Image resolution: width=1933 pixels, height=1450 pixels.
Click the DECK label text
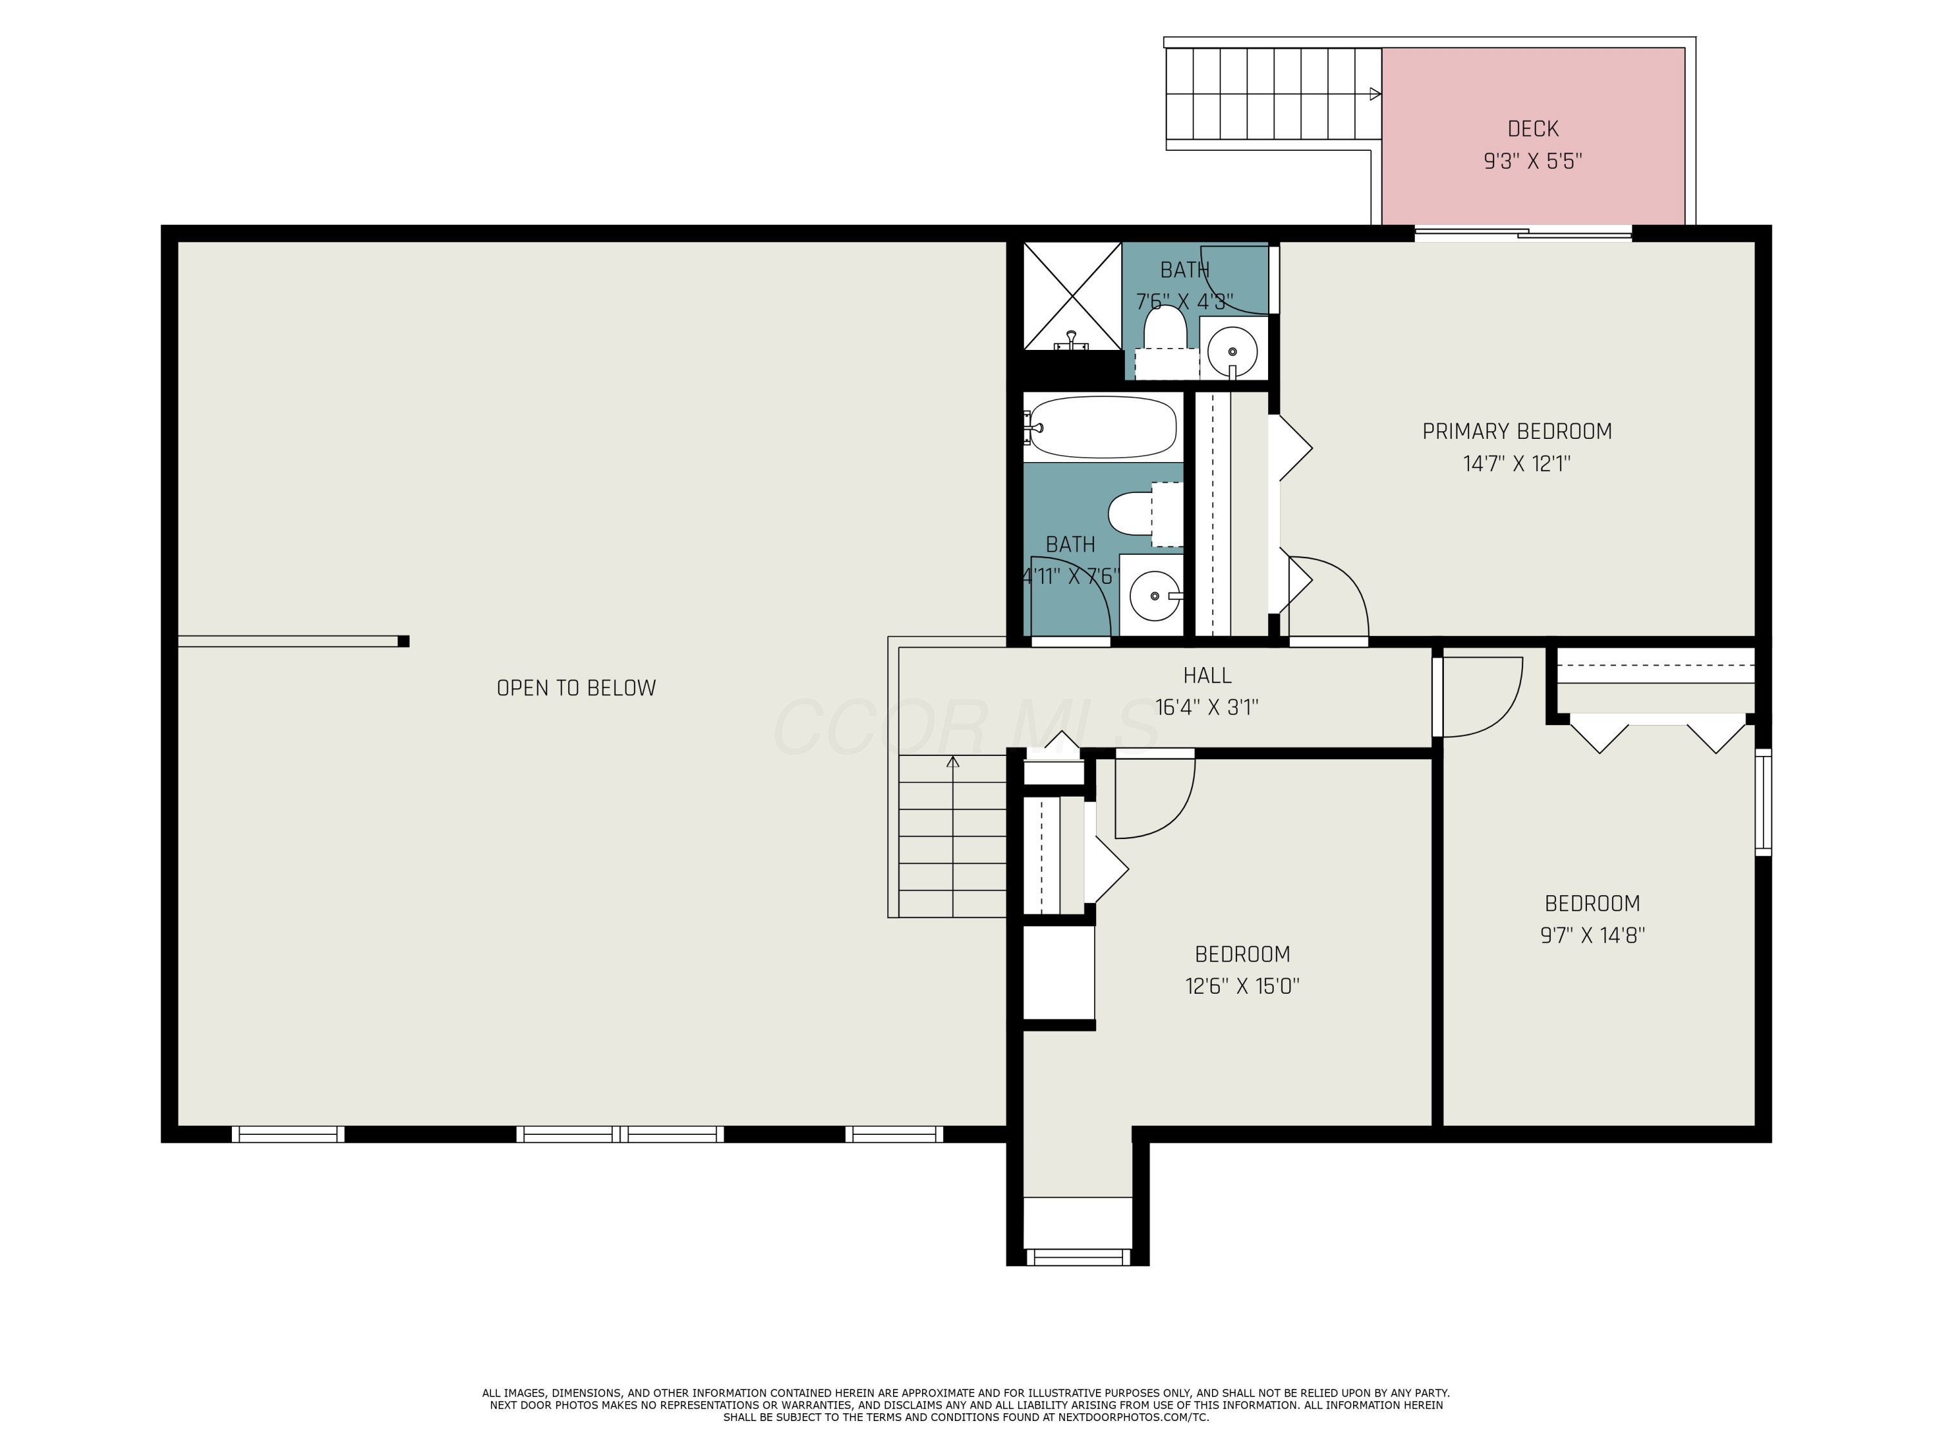[x=1533, y=128]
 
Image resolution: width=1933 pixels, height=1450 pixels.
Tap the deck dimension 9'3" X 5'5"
[x=1533, y=162]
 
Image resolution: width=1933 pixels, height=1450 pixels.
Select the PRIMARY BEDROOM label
[x=1517, y=431]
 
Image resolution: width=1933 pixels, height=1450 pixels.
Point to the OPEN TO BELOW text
[x=576, y=688]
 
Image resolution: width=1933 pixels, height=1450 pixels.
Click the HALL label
[x=1207, y=675]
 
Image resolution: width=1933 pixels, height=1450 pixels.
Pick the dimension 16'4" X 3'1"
[x=1207, y=707]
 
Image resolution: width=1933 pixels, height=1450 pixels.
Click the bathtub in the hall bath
[x=1103, y=427]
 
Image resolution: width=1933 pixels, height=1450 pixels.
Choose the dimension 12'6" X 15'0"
[x=1242, y=986]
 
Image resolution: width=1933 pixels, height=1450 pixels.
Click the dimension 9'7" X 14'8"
[x=1592, y=935]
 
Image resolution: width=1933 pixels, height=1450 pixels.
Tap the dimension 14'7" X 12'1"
[x=1517, y=463]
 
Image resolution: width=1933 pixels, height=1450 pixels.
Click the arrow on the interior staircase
[x=952, y=762]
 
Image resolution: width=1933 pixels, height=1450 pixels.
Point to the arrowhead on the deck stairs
[x=1374, y=93]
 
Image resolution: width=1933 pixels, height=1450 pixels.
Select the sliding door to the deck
[x=1523, y=233]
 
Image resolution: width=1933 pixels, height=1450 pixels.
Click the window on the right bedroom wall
[x=1764, y=802]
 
